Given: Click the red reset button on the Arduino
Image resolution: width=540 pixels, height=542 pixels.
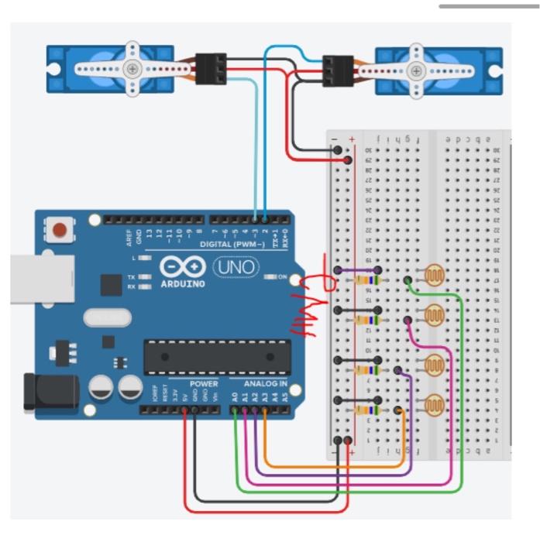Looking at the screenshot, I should tap(59, 229).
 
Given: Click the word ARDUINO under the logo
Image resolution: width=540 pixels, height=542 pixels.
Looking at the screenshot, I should tap(183, 284).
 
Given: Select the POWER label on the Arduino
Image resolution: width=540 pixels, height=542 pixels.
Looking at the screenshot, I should tap(202, 384).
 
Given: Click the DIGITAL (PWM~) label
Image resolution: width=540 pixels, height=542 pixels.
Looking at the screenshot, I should tap(232, 244).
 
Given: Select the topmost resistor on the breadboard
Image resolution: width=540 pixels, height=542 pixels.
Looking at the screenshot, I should tap(369, 280).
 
